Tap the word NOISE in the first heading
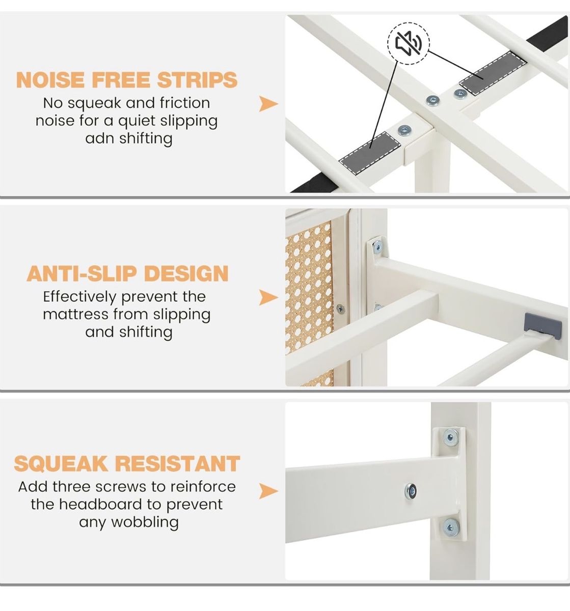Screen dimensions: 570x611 [50, 79]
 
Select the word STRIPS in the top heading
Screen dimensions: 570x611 [198, 79]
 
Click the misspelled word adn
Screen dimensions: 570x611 [99, 138]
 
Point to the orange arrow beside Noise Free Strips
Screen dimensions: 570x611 [268, 104]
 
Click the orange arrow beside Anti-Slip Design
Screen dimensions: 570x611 [268, 297]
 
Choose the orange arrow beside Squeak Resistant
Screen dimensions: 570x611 [268, 491]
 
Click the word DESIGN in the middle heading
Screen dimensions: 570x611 [186, 273]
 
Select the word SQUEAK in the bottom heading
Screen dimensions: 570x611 [61, 463]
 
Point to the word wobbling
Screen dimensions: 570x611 [145, 522]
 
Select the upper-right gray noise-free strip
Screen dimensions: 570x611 [493, 73]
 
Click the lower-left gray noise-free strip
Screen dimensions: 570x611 [369, 154]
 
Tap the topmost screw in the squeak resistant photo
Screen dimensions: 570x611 [450, 437]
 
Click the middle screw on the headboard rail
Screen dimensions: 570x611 [411, 491]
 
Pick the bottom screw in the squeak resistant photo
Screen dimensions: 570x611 [451, 527]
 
